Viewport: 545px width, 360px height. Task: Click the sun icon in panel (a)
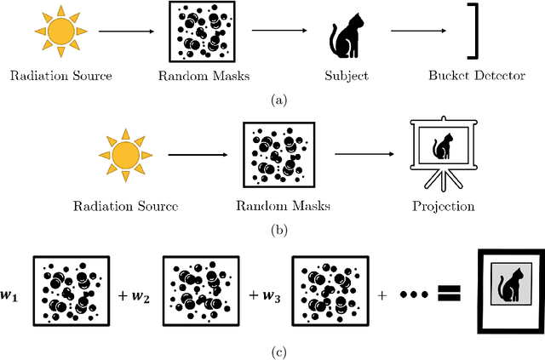coord(62,31)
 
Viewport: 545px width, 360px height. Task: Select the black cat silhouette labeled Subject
coord(345,37)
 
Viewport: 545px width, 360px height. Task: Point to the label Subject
coord(347,77)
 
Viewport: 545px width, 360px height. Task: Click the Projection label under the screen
coord(443,206)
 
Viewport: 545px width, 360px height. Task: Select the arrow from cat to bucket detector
coord(417,32)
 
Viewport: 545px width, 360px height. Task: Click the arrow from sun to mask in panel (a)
coord(126,31)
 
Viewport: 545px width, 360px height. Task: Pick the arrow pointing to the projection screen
coord(364,154)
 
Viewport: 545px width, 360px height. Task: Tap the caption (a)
coord(278,100)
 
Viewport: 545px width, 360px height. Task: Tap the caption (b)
coord(278,229)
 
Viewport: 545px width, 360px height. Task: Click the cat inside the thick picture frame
coord(509,289)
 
